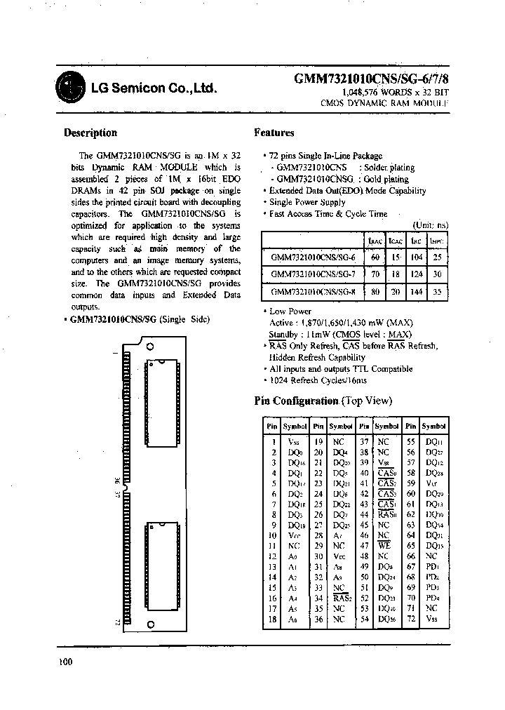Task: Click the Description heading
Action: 90,133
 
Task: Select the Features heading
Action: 274,133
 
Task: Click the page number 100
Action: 65,661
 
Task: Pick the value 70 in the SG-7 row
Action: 375,274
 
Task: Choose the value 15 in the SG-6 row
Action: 396,257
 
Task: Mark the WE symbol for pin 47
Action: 384,544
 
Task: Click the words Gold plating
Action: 386,179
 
